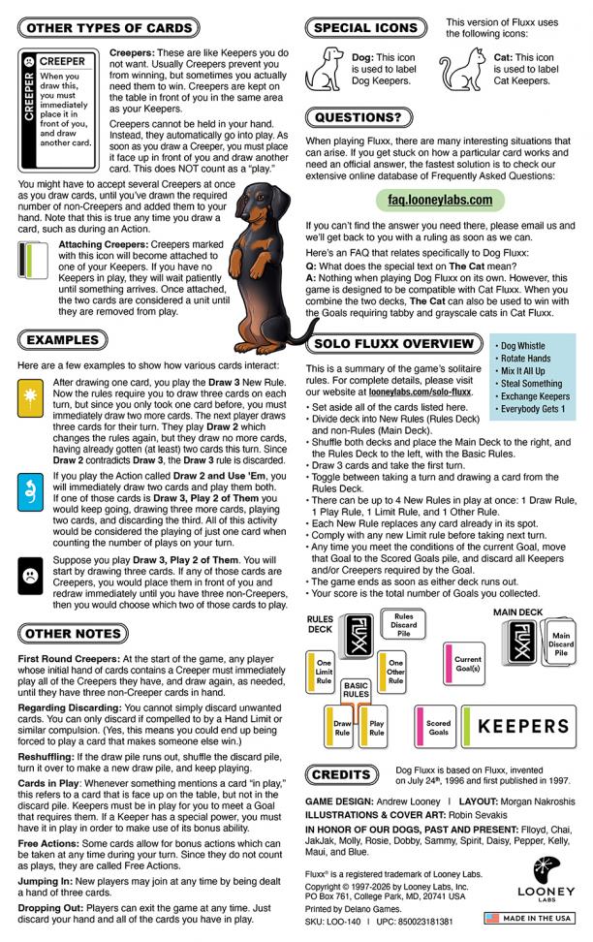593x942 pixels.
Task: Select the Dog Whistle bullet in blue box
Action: (522, 346)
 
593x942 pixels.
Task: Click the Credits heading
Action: (341, 775)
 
